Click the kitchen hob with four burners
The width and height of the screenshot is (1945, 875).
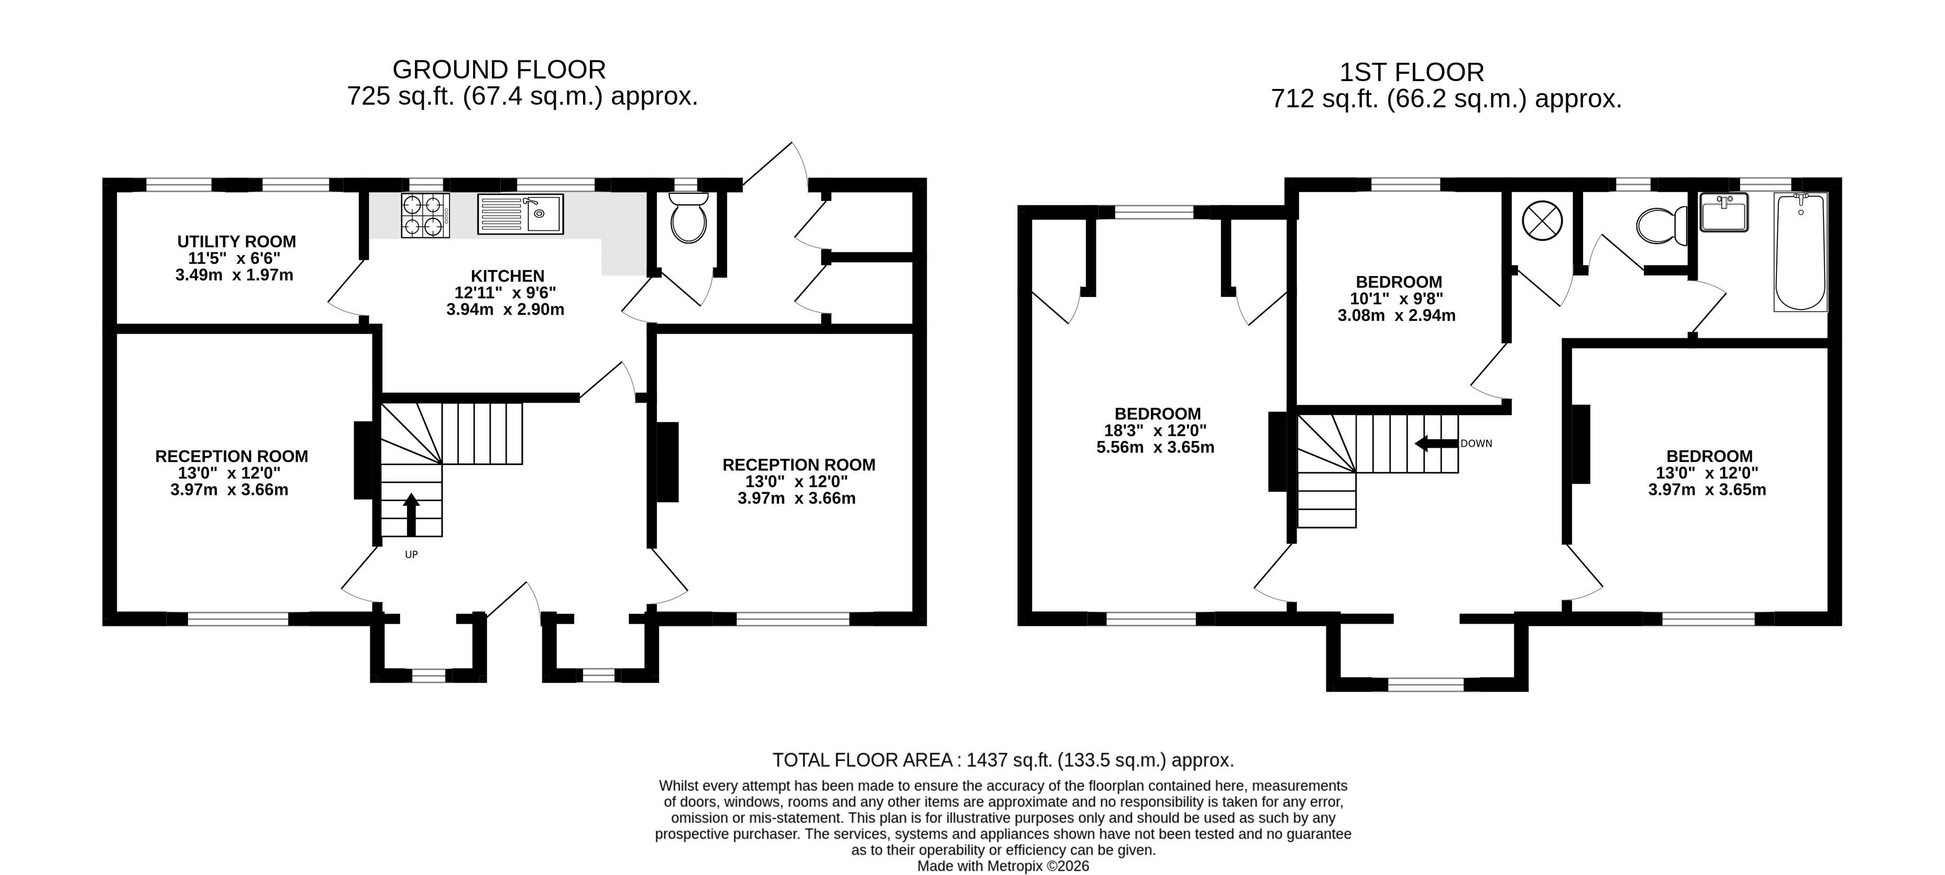[x=425, y=215]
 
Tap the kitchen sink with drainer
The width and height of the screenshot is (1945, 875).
[x=520, y=214]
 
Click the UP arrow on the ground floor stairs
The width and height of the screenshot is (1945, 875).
[x=412, y=513]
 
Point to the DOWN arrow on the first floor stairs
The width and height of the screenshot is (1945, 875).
[x=1436, y=443]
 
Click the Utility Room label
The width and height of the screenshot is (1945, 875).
[x=236, y=241]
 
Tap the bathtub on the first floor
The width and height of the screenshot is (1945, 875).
[x=1801, y=251]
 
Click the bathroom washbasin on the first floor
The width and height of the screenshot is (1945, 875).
[x=1724, y=212]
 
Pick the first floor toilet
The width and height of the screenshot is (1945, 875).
[x=1661, y=225]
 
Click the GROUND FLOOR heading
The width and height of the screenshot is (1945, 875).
[x=499, y=70]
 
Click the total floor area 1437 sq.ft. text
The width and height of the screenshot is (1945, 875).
[x=1003, y=759]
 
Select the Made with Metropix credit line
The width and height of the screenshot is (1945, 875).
[x=1003, y=866]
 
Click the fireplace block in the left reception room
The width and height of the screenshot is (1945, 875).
[x=363, y=460]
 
